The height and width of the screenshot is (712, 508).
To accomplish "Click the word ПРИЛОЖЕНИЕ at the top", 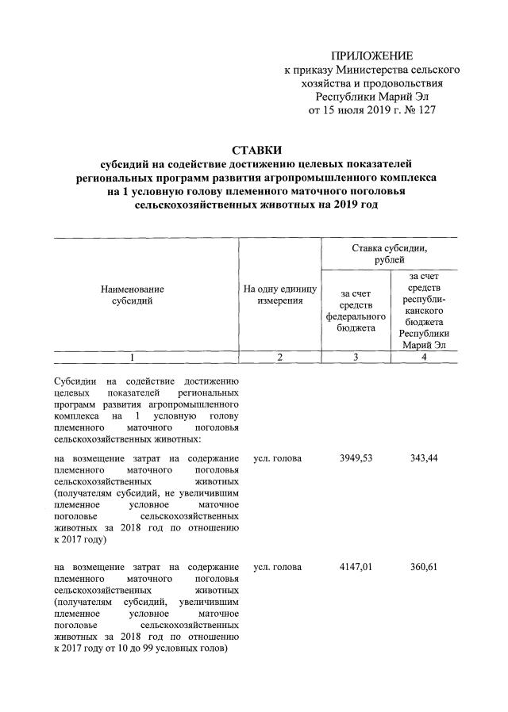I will coord(371,56).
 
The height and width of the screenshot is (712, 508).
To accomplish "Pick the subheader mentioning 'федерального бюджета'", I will coord(356,311).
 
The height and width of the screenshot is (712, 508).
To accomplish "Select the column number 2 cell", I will coord(280,358).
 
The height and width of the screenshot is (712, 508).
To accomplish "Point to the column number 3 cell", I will coord(356,358).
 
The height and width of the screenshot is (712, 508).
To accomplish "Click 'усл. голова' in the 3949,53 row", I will coord(277,459).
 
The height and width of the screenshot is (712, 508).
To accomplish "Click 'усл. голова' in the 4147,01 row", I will coord(277,567).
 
